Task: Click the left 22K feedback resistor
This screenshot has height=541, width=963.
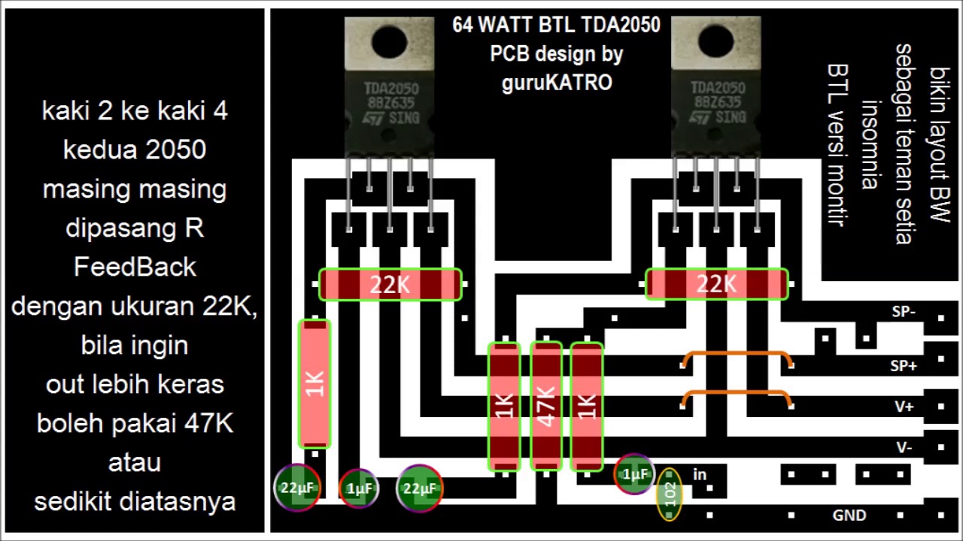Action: pos(390,285)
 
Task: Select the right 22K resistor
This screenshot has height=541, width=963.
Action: pos(716,285)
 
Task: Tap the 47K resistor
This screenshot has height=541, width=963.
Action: pos(546,406)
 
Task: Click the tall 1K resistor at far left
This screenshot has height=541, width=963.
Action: pos(314,383)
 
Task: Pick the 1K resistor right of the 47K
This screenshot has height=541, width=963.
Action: pos(587,406)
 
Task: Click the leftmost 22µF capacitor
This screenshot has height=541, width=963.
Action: pos(297,488)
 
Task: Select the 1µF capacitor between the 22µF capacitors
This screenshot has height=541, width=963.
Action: pos(358,489)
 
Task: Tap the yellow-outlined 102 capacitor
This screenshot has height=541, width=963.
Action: pos(669,494)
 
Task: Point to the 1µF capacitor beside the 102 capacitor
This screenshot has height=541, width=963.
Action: pos(634,474)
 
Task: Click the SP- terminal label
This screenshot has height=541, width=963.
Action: pos(903,312)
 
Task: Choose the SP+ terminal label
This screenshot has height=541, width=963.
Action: pos(903,366)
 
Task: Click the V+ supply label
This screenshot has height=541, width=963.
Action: pos(904,407)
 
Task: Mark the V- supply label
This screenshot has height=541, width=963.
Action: pos(904,447)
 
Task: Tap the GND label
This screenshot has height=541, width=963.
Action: pos(849,515)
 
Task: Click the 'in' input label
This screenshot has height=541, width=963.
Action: pos(700,474)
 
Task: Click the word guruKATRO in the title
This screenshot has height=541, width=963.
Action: pos(557,83)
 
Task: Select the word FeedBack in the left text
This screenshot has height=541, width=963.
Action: pos(135,267)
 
